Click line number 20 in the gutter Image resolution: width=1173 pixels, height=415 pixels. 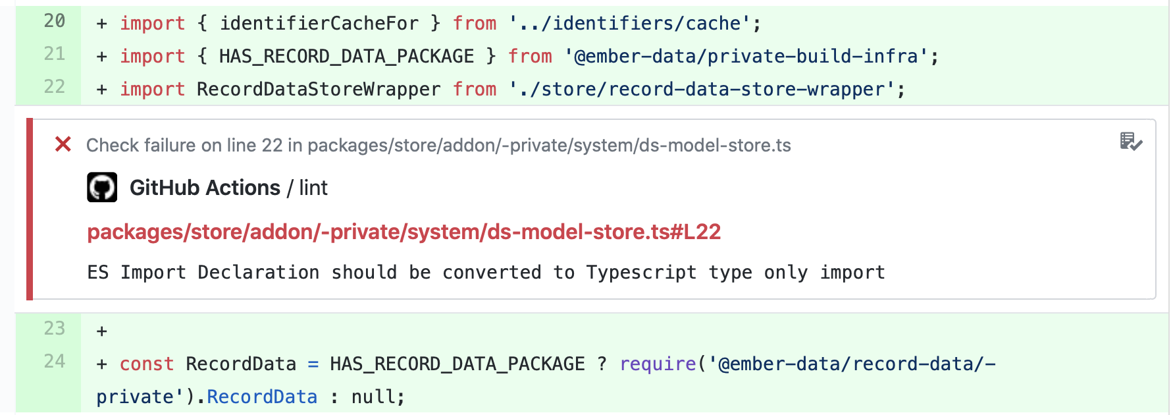pos(55,22)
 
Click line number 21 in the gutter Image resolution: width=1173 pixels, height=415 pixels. pos(55,55)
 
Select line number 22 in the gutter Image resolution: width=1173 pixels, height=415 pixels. pos(55,88)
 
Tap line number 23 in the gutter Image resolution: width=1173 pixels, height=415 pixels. pos(55,329)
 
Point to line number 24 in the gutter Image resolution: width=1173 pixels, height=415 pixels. pos(55,362)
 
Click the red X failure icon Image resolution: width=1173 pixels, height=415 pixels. pos(63,144)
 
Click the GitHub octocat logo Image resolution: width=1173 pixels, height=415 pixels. pos(102,188)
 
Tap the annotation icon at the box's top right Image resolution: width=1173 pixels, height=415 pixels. pos(1131,142)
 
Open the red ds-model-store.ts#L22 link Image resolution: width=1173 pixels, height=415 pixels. pos(404,232)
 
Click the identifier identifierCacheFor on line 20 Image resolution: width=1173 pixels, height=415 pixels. pos(319,24)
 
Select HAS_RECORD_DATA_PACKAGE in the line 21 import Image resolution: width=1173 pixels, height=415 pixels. pos(346,57)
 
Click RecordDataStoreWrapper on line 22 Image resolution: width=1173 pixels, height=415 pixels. pos(319,90)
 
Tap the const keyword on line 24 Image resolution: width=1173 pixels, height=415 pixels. pos(146,364)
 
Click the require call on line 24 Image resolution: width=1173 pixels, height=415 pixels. pos(658,364)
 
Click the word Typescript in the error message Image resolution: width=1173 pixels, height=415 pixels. pos(641,273)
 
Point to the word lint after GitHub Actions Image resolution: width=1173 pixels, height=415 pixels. pos(313,188)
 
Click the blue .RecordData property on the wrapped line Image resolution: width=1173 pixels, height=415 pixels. pos(262,397)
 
